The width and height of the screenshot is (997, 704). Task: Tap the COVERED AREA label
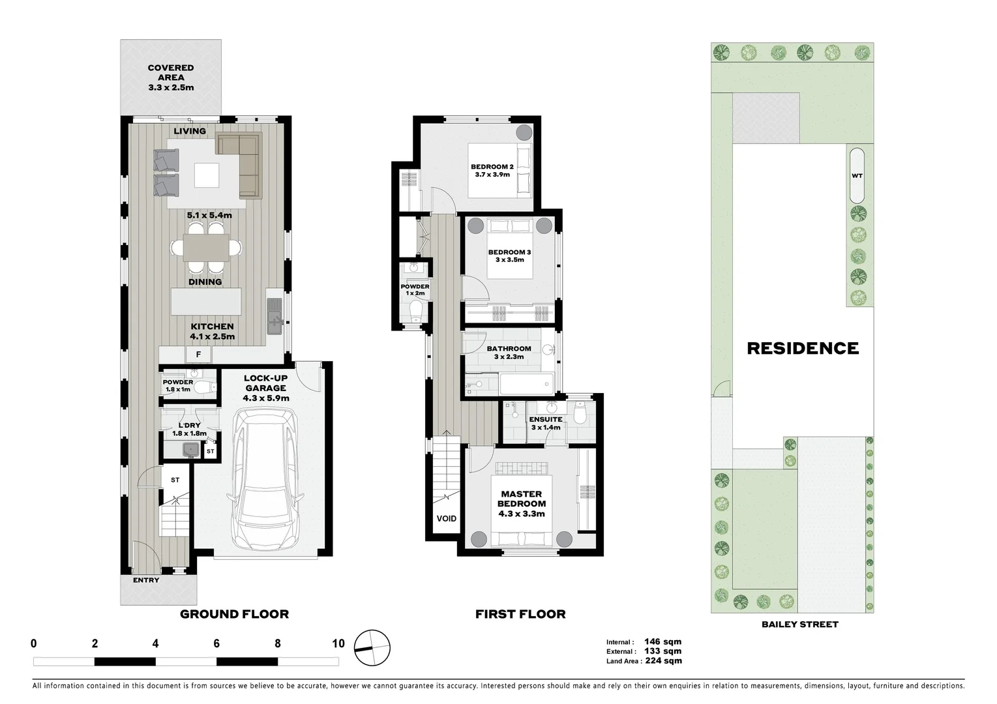coord(171,77)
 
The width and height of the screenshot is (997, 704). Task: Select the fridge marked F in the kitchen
coord(199,355)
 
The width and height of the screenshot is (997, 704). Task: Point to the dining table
coord(206,248)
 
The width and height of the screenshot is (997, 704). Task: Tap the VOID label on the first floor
coord(447,518)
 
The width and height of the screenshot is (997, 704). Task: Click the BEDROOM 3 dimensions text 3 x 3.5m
coord(510,260)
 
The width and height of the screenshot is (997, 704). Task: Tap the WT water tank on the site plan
coord(857,176)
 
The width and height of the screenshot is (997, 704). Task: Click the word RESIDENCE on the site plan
coord(803,348)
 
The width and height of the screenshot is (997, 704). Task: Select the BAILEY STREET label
coord(799,624)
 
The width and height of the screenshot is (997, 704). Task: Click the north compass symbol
coord(372,648)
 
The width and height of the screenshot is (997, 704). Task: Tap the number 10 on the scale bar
coord(338,643)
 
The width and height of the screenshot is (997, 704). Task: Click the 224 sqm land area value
coord(663,660)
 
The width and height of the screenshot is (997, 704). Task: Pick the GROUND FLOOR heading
coord(234,613)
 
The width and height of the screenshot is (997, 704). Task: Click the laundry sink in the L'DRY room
coord(191,448)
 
